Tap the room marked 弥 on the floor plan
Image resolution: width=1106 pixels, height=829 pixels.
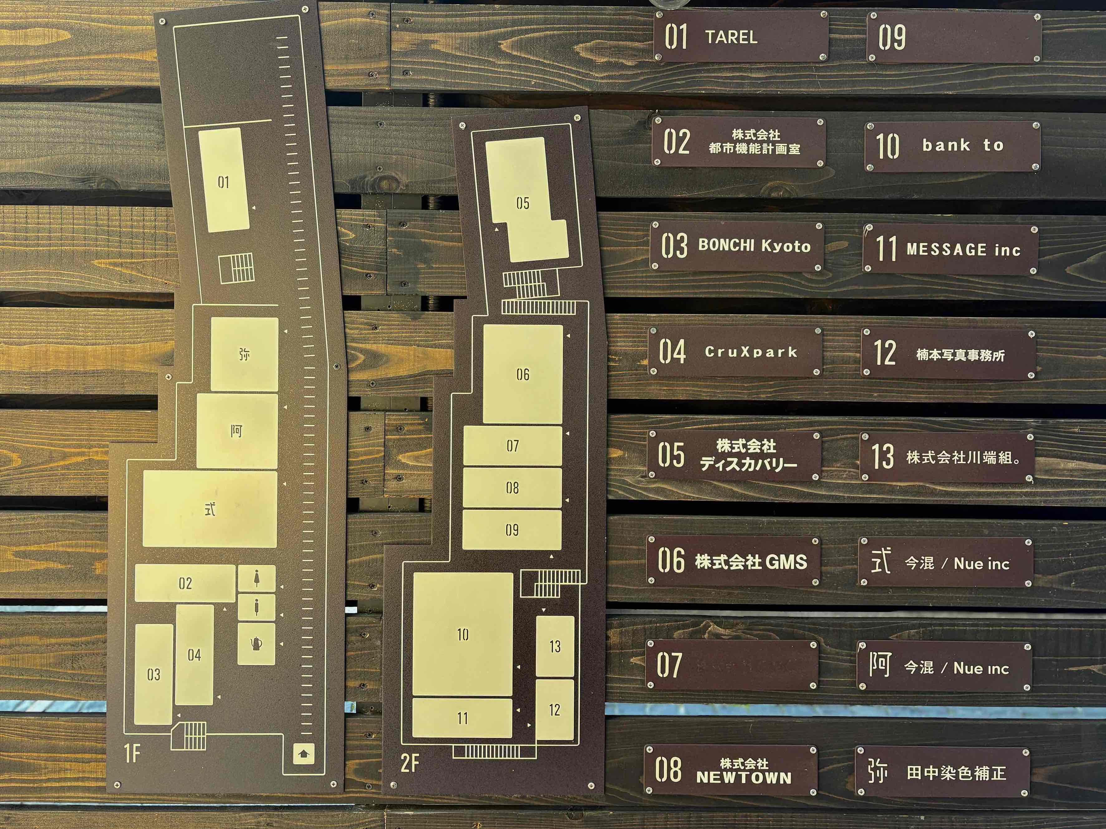[244, 354]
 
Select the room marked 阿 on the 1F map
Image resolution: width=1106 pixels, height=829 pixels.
[237, 431]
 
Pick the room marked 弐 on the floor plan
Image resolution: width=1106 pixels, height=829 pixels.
[210, 509]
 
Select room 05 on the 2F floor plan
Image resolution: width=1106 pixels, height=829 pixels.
[523, 203]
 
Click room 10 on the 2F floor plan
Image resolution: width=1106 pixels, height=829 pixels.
[463, 634]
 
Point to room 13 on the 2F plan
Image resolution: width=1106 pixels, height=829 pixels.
[555, 646]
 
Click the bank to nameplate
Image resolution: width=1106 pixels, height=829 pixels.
[953, 146]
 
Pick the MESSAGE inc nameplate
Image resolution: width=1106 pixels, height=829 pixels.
[950, 249]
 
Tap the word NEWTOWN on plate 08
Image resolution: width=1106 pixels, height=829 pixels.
[744, 778]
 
